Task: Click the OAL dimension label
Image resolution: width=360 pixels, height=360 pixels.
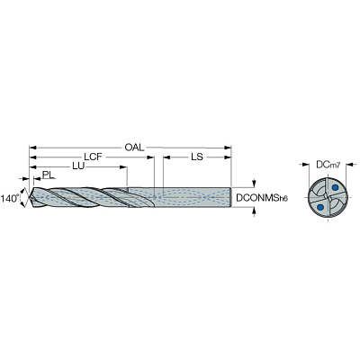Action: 134,148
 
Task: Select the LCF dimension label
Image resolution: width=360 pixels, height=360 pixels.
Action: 94,157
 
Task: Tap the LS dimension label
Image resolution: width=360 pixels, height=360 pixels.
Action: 197,157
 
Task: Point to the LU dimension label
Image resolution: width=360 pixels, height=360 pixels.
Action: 78,166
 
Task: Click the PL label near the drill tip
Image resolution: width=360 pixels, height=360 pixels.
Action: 49,175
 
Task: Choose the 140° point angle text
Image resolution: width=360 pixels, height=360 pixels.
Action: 10,198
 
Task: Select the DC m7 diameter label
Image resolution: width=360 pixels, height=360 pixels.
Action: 328,165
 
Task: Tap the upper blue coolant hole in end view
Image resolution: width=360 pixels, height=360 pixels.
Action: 335,188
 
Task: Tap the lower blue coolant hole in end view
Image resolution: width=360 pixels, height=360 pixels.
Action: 320,207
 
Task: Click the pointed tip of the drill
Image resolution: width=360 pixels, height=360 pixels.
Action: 29,198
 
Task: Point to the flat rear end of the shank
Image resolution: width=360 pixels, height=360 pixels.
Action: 231,197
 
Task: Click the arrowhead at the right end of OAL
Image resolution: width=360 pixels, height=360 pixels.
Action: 229,148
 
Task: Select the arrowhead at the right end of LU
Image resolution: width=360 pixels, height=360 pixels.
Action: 123,166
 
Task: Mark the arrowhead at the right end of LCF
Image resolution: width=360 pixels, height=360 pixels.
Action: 150,157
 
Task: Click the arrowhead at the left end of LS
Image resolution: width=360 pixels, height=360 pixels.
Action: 166,157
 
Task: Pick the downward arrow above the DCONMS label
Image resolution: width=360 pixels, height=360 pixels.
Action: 255,183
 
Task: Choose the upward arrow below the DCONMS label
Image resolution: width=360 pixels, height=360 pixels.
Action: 255,211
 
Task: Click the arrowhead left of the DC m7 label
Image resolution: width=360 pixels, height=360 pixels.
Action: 306,165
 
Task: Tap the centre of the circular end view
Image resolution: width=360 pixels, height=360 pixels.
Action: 328,197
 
